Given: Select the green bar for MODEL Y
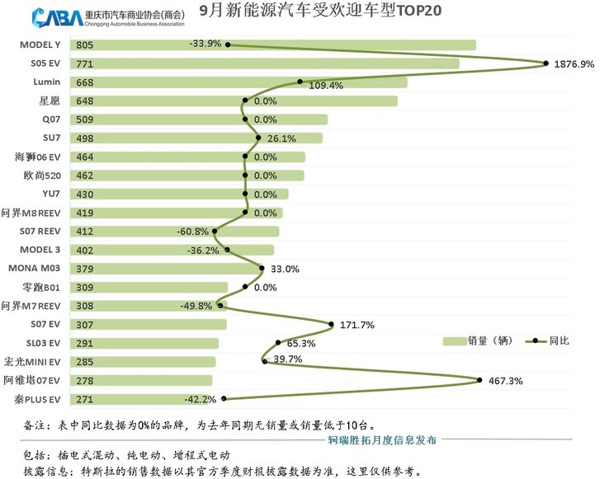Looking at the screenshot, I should coord(272,45).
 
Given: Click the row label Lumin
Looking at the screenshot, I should coord(47,82).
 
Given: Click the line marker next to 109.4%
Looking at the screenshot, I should coord(300,82).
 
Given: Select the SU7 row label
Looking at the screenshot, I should coord(51,138).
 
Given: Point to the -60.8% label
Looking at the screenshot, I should coord(193,232).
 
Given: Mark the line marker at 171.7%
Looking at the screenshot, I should coord(331,324).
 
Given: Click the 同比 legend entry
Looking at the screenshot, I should coord(548,340).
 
